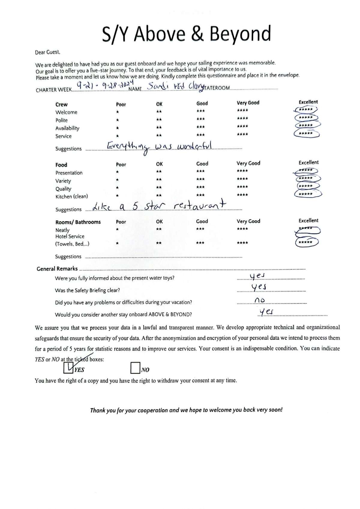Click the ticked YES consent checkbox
click(x=68, y=368)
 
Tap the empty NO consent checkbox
click(x=135, y=368)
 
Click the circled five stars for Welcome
click(x=306, y=110)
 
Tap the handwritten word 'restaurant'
click(x=200, y=205)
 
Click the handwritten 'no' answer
click(x=259, y=300)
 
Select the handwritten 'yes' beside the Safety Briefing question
click(x=259, y=287)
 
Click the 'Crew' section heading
click(x=61, y=105)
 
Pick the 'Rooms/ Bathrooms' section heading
click(x=78, y=222)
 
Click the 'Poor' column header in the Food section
click(x=121, y=165)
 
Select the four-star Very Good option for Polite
click(x=242, y=118)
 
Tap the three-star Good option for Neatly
click(x=200, y=229)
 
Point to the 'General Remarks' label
click(x=57, y=269)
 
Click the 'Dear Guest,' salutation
click(x=48, y=52)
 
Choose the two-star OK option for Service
click(x=159, y=135)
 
